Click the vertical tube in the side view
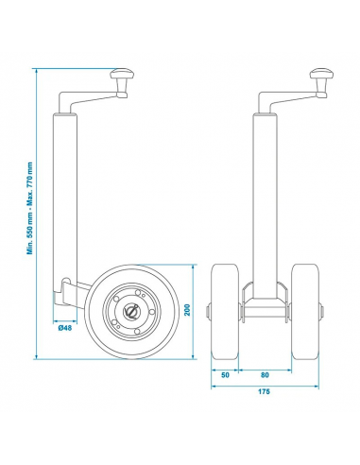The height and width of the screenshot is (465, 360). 66,189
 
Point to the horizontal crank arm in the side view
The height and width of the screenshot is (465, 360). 90,94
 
